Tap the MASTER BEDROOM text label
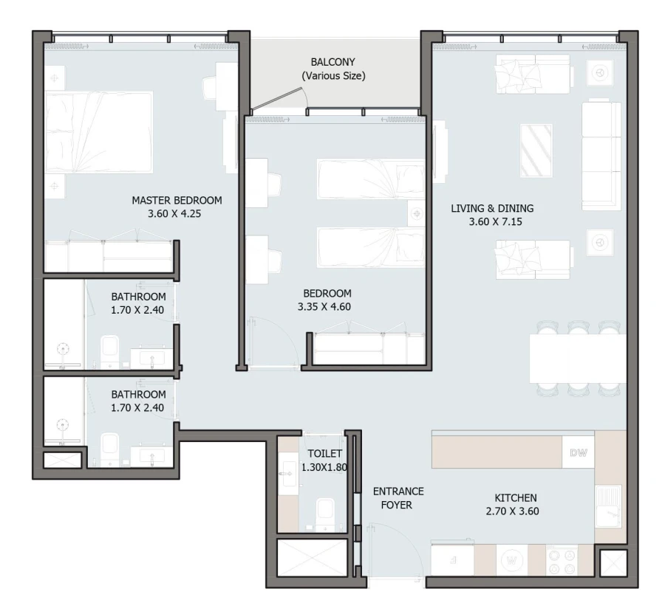coord(177,200)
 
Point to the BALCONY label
coord(332,62)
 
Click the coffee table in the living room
coord(536,151)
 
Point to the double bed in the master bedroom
coord(99,132)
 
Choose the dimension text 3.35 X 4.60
coord(321,307)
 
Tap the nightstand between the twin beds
coord(417,213)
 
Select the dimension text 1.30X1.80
coord(324,467)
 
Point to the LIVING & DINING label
coord(492,208)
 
